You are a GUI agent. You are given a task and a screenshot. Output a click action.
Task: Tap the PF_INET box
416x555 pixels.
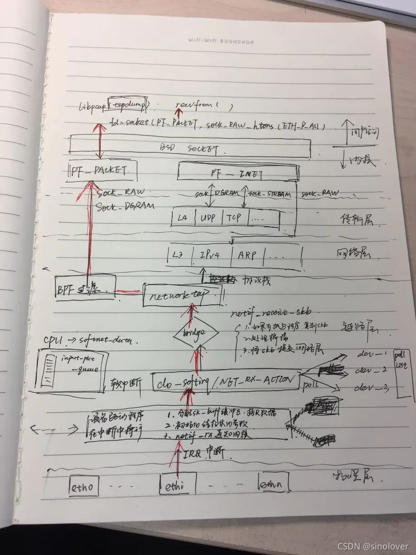tap(238, 172)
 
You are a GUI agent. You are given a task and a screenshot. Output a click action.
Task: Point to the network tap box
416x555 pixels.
tap(181, 295)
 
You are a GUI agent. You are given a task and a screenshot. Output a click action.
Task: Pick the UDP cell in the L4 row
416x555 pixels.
tap(208, 218)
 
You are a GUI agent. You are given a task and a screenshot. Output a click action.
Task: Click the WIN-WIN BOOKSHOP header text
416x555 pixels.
tap(221, 42)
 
